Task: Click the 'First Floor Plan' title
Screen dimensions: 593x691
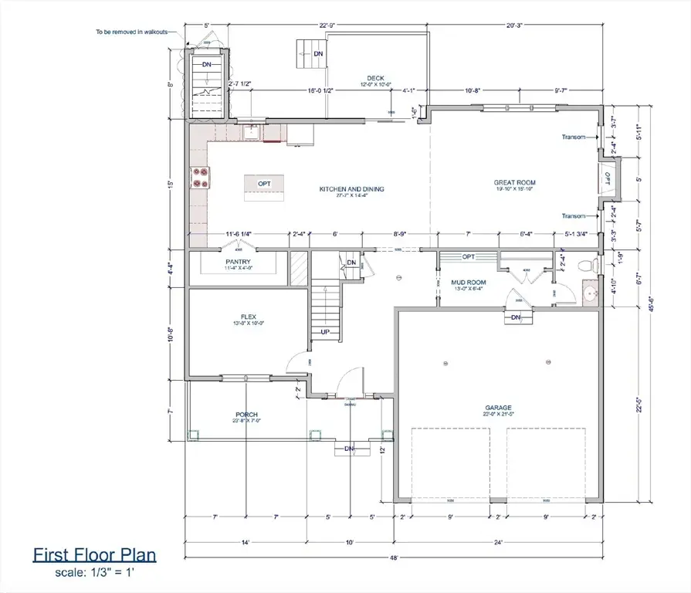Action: pyautogui.click(x=94, y=554)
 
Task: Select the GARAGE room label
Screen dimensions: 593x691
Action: pyautogui.click(x=498, y=408)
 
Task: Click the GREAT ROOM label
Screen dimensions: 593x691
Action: pyautogui.click(x=515, y=183)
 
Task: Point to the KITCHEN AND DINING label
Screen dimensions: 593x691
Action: pyautogui.click(x=352, y=189)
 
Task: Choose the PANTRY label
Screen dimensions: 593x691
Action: pyautogui.click(x=239, y=262)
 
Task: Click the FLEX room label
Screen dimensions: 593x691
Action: pyautogui.click(x=247, y=317)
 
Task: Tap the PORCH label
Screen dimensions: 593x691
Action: pyautogui.click(x=246, y=415)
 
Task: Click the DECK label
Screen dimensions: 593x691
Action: pyautogui.click(x=375, y=78)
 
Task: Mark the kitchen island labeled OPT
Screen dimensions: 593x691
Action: pyautogui.click(x=264, y=184)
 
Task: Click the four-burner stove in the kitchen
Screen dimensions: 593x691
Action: pyautogui.click(x=201, y=178)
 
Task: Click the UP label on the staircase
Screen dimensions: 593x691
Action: pyautogui.click(x=326, y=333)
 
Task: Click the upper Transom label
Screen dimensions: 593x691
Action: pyautogui.click(x=573, y=137)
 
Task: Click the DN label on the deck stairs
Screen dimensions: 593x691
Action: pyautogui.click(x=318, y=54)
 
